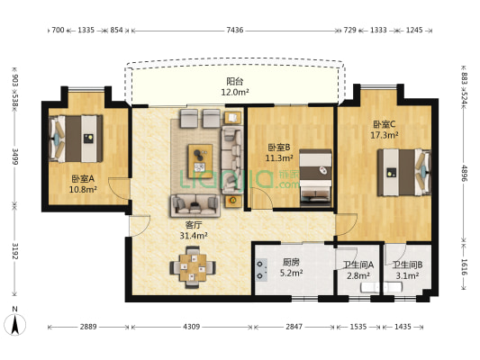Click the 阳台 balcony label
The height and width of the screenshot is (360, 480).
click(x=234, y=81)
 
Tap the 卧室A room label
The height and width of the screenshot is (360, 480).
click(x=83, y=178)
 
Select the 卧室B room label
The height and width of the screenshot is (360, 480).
click(x=276, y=147)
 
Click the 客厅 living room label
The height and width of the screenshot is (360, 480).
click(x=194, y=225)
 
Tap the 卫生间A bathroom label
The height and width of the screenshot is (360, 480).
click(x=358, y=265)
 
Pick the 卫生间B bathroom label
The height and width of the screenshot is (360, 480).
click(x=407, y=265)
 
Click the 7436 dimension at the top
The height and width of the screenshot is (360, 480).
click(x=234, y=31)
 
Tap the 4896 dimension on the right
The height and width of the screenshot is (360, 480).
click(x=465, y=173)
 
